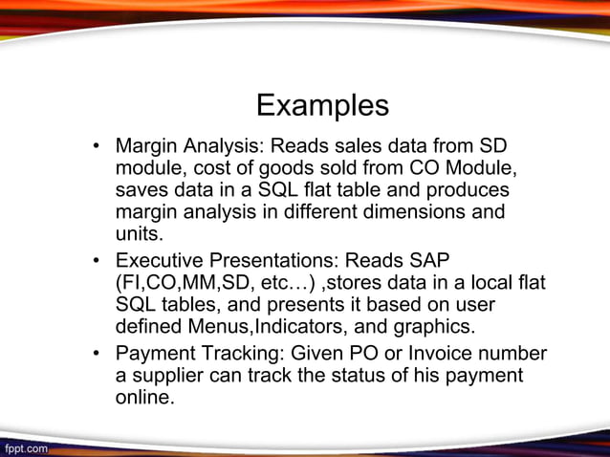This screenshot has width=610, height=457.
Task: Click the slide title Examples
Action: tap(322, 104)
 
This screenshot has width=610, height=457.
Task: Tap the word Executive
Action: tap(163, 260)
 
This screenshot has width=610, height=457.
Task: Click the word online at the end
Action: tap(144, 397)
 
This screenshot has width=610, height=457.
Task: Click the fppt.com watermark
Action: tap(26, 446)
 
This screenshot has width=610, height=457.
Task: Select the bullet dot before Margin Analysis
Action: tap(97, 148)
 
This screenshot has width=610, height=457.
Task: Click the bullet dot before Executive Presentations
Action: tap(97, 261)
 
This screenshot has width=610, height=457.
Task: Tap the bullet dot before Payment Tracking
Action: tap(97, 353)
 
